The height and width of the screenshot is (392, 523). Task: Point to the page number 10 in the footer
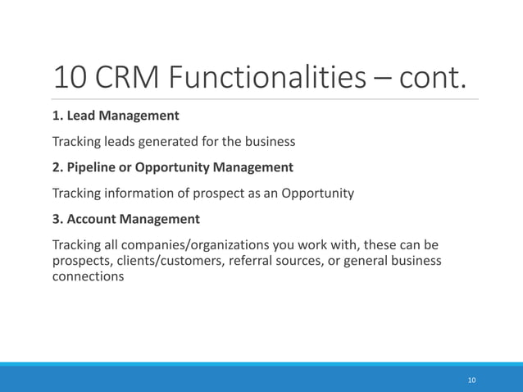[471, 380]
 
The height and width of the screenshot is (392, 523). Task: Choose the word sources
[305, 261]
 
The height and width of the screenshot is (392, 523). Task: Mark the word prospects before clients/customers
[82, 261]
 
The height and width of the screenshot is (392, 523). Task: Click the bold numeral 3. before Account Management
[57, 219]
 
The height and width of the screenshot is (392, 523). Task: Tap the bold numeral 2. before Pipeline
[57, 167]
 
